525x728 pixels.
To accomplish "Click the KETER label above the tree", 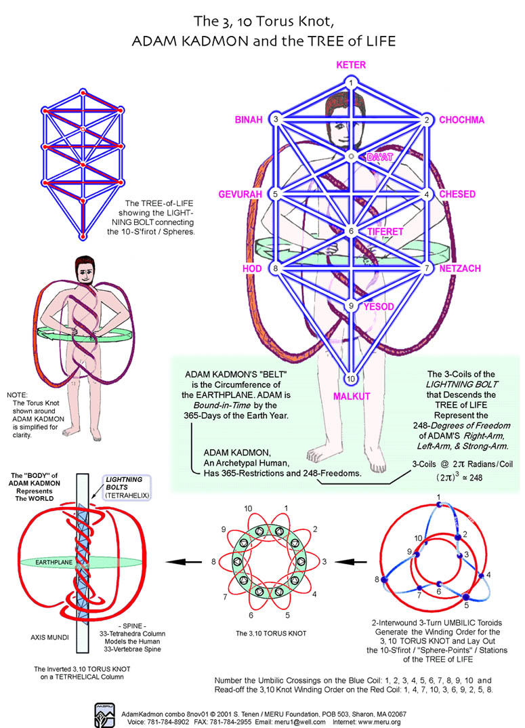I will point(351,65).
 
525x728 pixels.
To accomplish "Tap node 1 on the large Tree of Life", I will point(351,83).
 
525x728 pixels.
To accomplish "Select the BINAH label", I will point(248,120).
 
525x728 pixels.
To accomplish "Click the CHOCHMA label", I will point(461,120).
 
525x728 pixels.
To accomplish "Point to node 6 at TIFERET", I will point(351,231).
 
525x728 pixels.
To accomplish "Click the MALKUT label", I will point(352,396).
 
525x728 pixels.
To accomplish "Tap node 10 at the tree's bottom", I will point(351,378).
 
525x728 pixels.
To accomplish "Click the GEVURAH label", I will point(240,195).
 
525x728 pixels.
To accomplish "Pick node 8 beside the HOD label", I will point(275,268).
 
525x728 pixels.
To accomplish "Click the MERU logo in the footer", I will point(106,712).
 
